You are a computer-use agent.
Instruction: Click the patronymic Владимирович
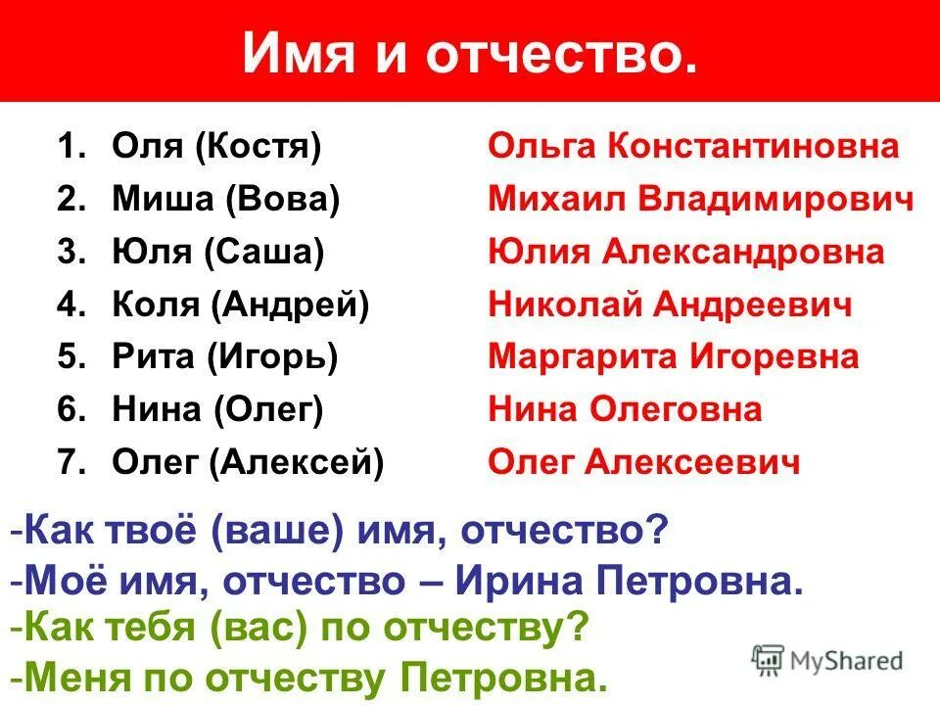click(x=777, y=200)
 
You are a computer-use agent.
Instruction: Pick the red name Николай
click(x=558, y=305)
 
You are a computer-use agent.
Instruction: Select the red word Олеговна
click(x=675, y=409)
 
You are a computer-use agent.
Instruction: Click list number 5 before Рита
click(x=70, y=356)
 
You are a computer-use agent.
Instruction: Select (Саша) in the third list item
click(x=264, y=252)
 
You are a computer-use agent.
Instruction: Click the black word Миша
click(x=164, y=200)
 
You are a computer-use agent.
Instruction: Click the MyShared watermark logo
click(x=827, y=660)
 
